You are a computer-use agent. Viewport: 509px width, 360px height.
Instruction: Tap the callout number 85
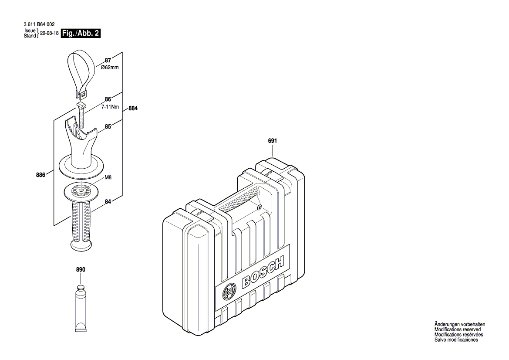108,128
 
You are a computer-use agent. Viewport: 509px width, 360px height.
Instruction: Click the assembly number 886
41,174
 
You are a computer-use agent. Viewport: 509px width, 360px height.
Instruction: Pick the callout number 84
108,201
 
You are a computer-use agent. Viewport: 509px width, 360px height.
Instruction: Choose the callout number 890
81,270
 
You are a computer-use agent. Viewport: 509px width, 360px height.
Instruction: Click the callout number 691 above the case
273,141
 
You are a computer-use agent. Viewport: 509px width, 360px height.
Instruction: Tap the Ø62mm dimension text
109,68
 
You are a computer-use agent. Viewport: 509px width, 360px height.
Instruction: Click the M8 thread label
108,177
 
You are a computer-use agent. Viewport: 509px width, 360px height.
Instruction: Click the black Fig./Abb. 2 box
81,33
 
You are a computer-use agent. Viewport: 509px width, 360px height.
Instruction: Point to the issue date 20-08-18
49,33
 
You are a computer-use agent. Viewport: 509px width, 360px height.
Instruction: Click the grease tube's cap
81,287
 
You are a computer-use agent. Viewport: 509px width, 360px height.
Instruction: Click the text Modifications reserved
457,329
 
